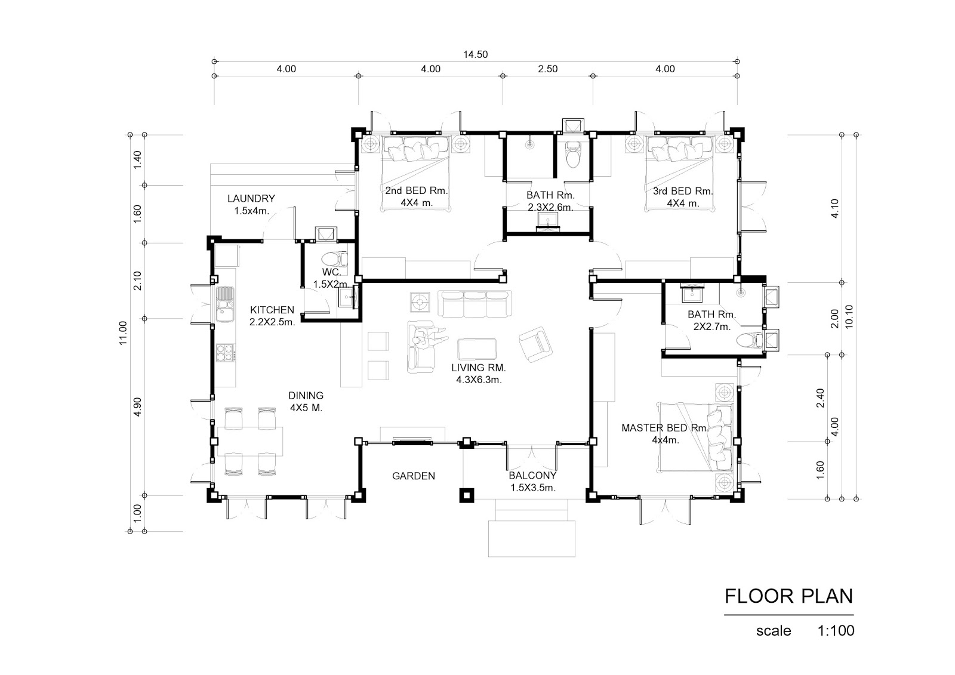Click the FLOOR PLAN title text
[x=788, y=596]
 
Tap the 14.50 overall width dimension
[x=475, y=54]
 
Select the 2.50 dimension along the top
[x=547, y=69]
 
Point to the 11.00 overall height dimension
[x=123, y=333]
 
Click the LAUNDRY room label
[x=251, y=198]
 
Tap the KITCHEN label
[x=272, y=310]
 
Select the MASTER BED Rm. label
[x=665, y=428]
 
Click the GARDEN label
[x=414, y=476]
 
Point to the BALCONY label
[x=532, y=476]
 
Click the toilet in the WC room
[x=334, y=259]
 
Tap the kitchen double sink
[x=224, y=304]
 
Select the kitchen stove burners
[x=225, y=353]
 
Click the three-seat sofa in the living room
[x=475, y=304]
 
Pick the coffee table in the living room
[x=477, y=350]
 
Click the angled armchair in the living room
[x=535, y=344]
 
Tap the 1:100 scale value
[x=836, y=631]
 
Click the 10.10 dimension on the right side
[x=849, y=317]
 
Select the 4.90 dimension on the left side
[x=137, y=407]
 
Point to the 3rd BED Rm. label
[x=683, y=191]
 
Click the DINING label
[x=306, y=396]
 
